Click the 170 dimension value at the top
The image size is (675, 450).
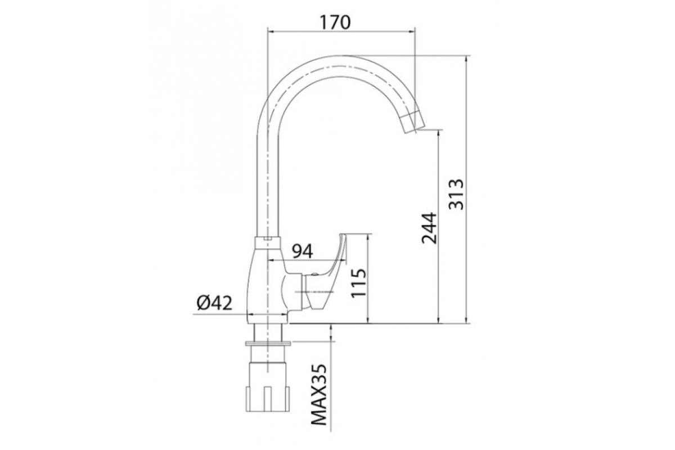[335, 22]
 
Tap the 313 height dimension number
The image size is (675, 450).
[456, 195]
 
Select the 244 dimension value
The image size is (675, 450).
[429, 228]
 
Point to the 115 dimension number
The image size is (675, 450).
[359, 283]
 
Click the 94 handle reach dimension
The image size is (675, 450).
[303, 251]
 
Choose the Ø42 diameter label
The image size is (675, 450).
[214, 303]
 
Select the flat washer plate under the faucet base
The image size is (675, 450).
[268, 343]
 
